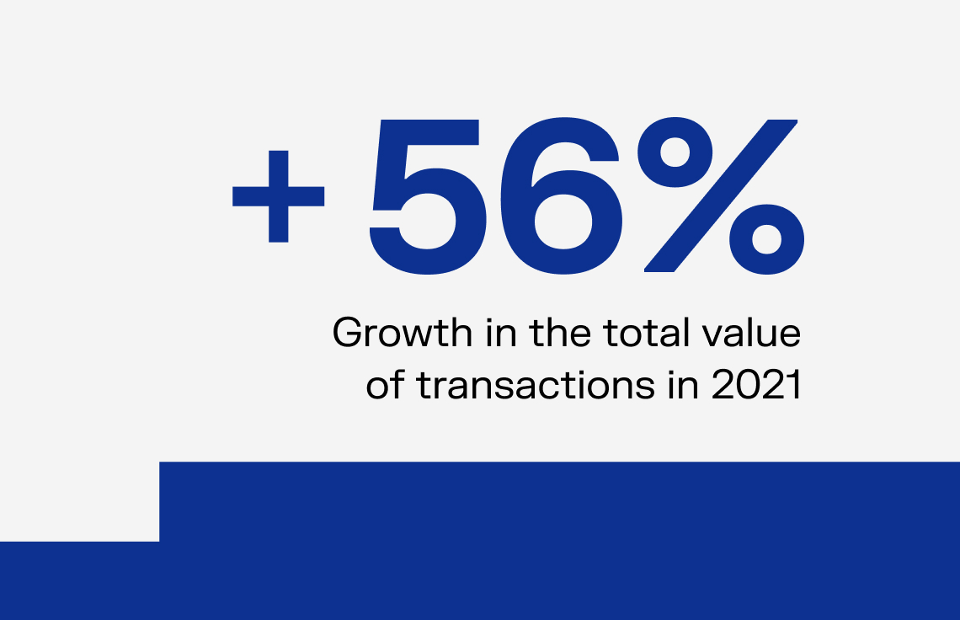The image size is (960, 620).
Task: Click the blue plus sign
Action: pos(279,196)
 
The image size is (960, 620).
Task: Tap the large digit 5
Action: pos(428,196)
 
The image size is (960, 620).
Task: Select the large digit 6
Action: pos(562,196)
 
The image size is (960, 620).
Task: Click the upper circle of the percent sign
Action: pos(675,152)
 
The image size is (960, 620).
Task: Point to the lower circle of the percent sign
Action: pos(766,239)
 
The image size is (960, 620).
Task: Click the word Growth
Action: pos(403,333)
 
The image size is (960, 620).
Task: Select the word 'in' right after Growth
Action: pos(502,333)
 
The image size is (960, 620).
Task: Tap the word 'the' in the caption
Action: pos(561,333)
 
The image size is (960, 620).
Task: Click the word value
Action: pos(750,333)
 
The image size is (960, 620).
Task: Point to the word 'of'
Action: pos(386,385)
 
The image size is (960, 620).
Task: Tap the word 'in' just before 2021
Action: pos(684,385)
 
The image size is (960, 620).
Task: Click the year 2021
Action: pos(757,385)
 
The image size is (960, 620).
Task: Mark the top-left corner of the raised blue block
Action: pos(159,462)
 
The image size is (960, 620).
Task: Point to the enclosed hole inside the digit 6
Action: pos(563,222)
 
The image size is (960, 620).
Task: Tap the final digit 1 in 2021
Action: pos(795,385)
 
